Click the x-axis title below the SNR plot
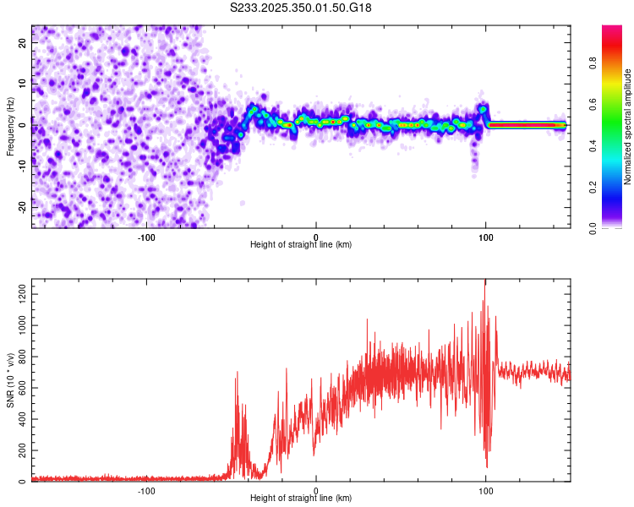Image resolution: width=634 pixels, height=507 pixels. pos(301,499)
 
